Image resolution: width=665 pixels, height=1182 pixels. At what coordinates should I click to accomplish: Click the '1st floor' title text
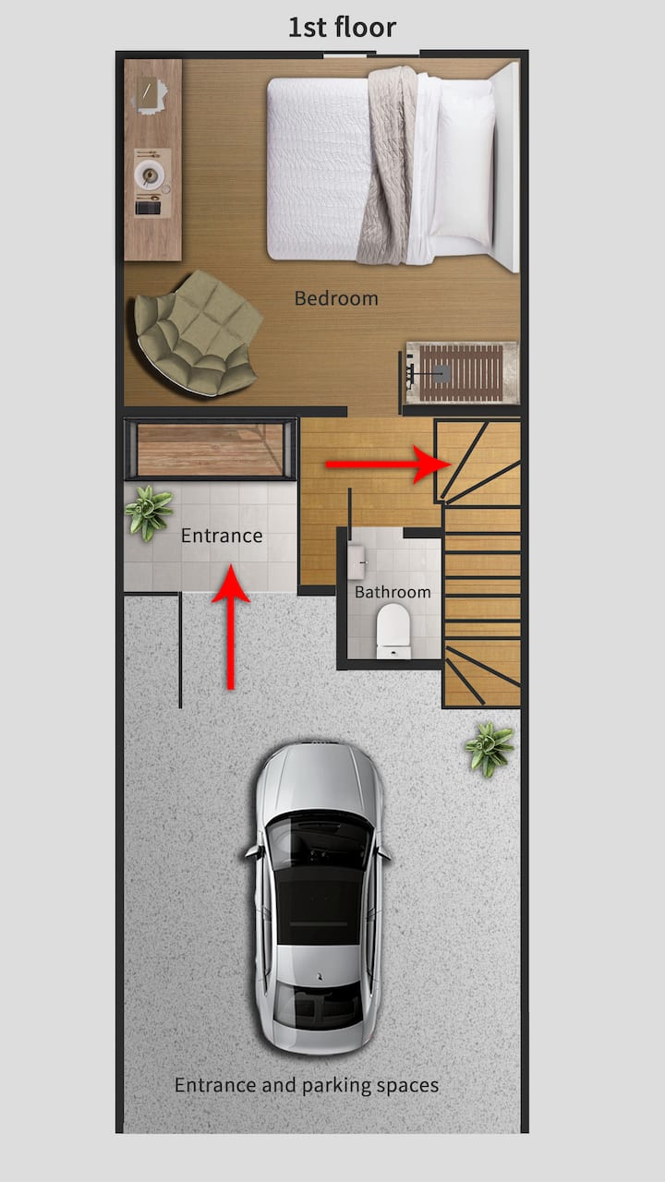tap(342, 28)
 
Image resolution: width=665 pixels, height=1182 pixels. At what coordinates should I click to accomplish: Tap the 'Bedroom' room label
tap(336, 298)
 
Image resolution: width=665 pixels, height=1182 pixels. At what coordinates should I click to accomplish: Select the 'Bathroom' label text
tap(393, 592)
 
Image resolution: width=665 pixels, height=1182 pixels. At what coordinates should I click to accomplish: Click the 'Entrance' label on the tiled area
tap(222, 536)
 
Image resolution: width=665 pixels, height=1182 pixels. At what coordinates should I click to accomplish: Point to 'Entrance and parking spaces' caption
tap(307, 1085)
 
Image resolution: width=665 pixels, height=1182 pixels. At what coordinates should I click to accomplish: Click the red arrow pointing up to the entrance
tap(231, 626)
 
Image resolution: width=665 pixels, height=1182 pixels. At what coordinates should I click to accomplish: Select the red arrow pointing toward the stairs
tap(388, 464)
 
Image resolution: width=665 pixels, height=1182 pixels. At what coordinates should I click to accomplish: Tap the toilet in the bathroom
tap(393, 631)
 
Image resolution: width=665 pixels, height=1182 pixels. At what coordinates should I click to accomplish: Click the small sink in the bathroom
tap(357, 563)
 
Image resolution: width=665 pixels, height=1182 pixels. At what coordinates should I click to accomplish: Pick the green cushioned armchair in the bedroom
tap(198, 333)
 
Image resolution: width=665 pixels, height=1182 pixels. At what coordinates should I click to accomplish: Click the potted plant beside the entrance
tap(149, 513)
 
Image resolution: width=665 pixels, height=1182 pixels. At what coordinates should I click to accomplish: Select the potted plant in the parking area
tap(489, 749)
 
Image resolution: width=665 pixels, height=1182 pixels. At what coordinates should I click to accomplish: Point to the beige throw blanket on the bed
tap(387, 165)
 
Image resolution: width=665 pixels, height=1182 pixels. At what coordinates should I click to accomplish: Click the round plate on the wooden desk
tap(150, 175)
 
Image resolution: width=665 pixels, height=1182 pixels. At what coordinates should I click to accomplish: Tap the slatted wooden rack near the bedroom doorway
tap(461, 372)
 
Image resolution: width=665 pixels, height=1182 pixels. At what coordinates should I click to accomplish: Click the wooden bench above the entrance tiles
tap(210, 450)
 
